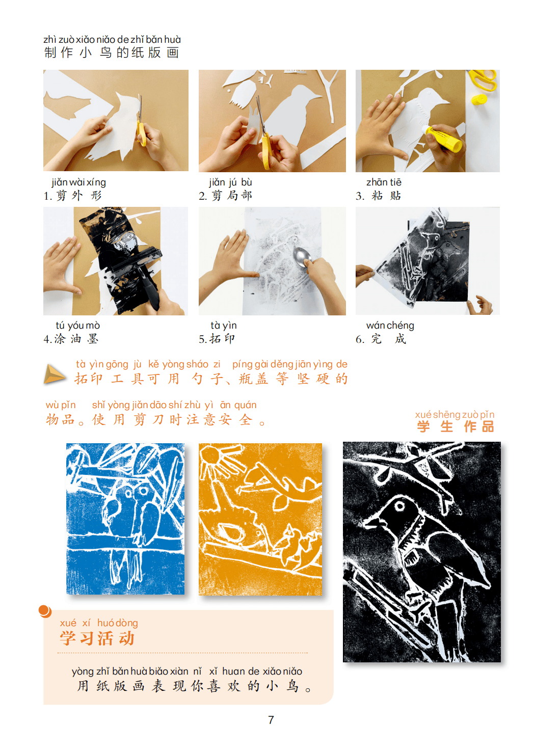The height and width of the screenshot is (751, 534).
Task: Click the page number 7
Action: tap(271, 719)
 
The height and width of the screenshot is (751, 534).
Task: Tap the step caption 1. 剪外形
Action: tap(72, 196)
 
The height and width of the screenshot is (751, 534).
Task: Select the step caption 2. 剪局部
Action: tap(225, 196)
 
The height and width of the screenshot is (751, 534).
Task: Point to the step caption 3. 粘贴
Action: tap(379, 196)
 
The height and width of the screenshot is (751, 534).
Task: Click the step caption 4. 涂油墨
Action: tap(71, 339)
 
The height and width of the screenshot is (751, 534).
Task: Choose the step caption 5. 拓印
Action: tap(217, 339)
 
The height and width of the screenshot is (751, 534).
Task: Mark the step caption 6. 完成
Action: tap(381, 339)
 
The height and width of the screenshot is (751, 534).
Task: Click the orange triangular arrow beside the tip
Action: tap(54, 374)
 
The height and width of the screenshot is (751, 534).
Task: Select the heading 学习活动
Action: tap(97, 638)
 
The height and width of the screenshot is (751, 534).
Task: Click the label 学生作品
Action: tap(455, 426)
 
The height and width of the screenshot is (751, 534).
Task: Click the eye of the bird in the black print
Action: tap(399, 505)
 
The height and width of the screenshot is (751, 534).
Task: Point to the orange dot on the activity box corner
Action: tap(45, 611)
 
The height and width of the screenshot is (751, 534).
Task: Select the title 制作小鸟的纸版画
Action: tap(112, 52)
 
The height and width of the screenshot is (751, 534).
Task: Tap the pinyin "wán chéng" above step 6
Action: tap(390, 325)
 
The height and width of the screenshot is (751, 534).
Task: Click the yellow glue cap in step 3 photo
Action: tap(479, 99)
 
